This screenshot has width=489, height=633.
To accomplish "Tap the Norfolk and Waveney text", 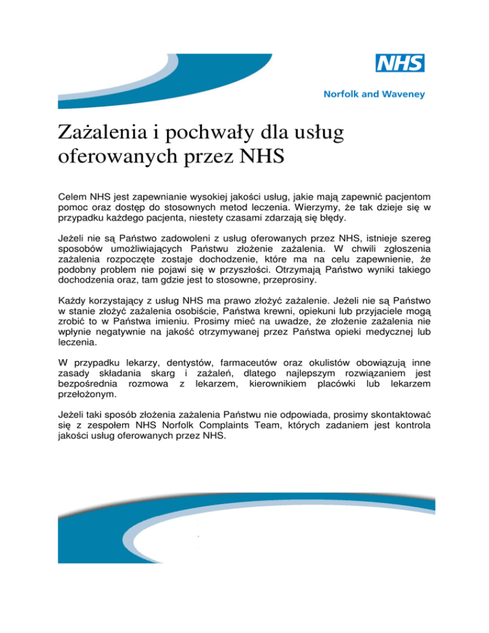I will tap(371, 94).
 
